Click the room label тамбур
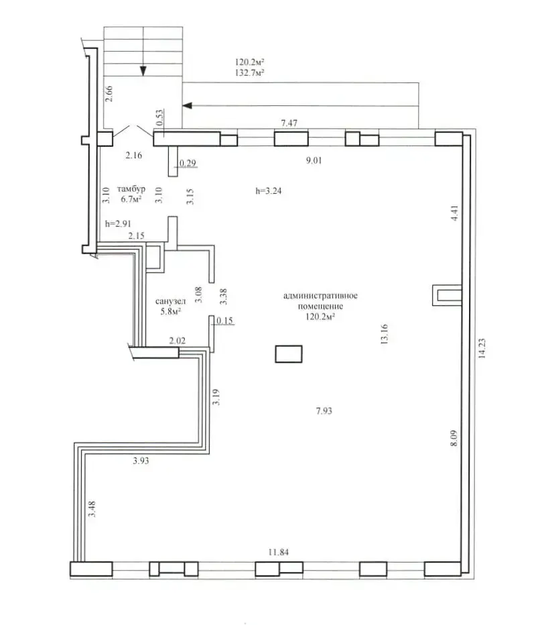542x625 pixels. [x=131, y=188]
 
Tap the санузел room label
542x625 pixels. [x=170, y=301]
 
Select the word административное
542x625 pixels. [x=320, y=296]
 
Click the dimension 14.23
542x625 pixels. [x=482, y=348]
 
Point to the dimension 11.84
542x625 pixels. [x=278, y=552]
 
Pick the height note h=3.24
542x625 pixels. [x=269, y=191]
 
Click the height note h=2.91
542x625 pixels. [x=118, y=223]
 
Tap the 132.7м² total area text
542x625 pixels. [x=250, y=72]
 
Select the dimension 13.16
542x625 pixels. [x=385, y=334]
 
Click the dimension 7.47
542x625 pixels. [x=289, y=123]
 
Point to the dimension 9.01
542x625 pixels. [x=314, y=160]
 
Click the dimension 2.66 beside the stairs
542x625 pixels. [x=109, y=94]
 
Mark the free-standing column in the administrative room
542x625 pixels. [x=289, y=354]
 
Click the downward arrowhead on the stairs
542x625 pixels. [x=143, y=71]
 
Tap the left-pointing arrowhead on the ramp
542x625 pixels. [x=187, y=106]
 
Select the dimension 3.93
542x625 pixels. [x=141, y=461]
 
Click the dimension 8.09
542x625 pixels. [x=454, y=438]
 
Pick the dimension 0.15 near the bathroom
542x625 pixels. [x=224, y=321]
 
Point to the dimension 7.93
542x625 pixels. [x=324, y=410]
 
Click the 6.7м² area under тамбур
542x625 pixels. [x=131, y=199]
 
